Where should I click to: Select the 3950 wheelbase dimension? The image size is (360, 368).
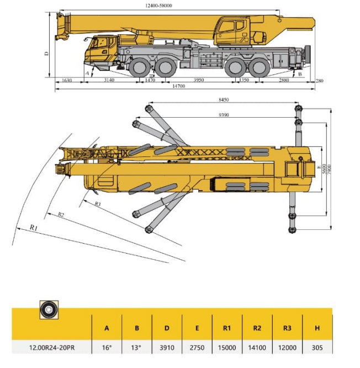(x=199, y=80)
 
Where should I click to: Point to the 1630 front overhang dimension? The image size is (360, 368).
(x=67, y=80)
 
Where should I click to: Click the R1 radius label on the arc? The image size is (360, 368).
(x=34, y=227)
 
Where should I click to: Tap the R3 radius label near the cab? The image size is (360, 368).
(x=97, y=204)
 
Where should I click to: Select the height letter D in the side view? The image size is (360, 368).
(x=47, y=53)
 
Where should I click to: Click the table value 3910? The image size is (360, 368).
(x=166, y=348)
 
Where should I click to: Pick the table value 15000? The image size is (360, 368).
(x=227, y=348)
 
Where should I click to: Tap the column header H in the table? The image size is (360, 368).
(x=317, y=328)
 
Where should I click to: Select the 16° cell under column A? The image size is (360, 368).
(x=107, y=348)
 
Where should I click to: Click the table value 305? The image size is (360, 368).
(x=317, y=348)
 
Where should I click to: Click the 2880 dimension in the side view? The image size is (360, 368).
(x=284, y=80)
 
